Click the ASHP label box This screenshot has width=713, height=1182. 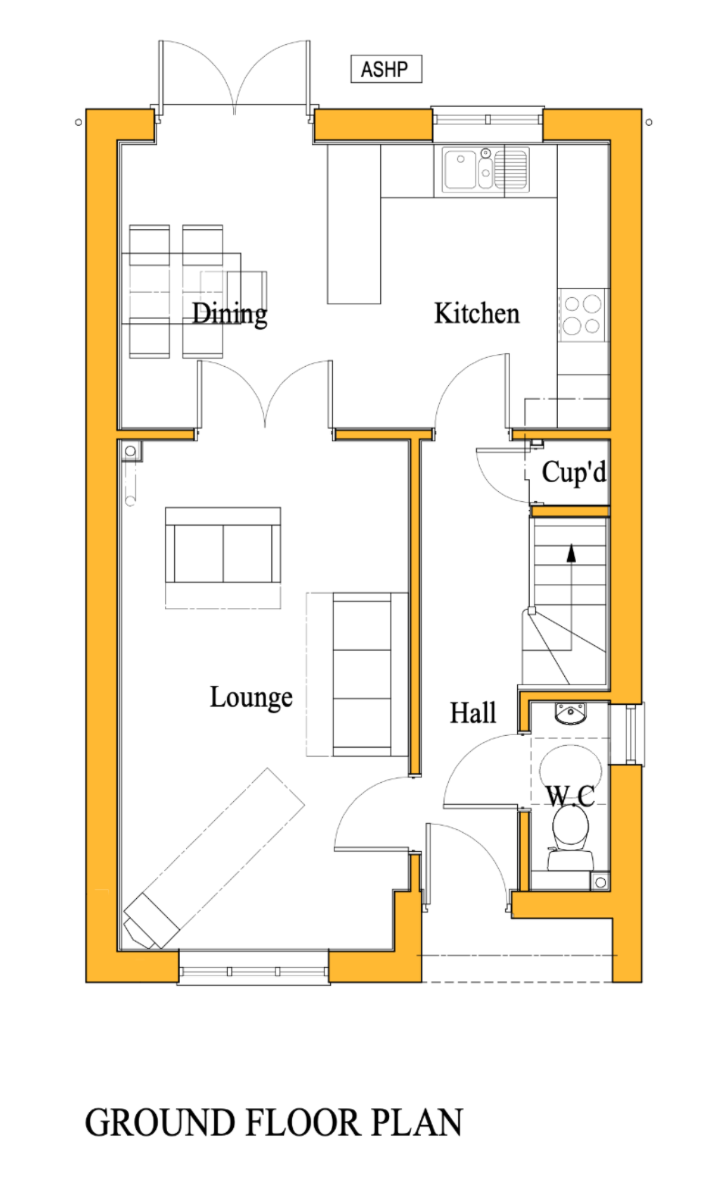coord(385,70)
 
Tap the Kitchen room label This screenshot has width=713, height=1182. coord(476,313)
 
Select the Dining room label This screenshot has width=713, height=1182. coord(229,314)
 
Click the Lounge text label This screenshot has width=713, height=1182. coord(251,697)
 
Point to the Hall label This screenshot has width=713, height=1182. coord(473,713)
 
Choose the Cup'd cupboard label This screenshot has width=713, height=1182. coord(573,472)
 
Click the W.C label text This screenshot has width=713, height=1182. coord(570,796)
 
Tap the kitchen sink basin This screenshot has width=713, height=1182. coord(459,169)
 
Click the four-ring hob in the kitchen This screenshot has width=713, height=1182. coord(582,315)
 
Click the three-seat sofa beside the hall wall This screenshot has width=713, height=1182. coord(362,674)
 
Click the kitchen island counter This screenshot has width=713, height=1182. coord(353,224)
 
